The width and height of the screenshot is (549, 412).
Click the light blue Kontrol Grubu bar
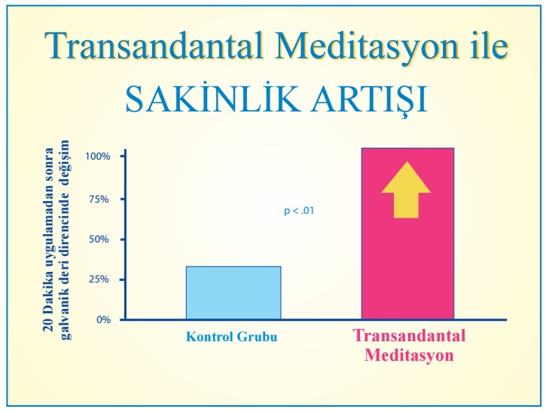tap(233, 293)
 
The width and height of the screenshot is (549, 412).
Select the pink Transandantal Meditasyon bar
tap(408, 233)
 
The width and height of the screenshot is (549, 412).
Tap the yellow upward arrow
tap(406, 190)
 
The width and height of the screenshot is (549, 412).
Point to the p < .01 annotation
tap(299, 211)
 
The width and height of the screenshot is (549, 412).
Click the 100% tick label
tap(98, 156)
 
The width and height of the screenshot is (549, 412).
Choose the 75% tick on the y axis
tap(99, 199)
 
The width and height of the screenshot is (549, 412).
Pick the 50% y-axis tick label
tap(99, 240)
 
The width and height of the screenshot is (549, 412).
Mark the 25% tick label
tap(99, 279)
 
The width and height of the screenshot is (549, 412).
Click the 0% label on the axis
tap(104, 319)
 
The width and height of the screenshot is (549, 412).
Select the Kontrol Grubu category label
tap(232, 337)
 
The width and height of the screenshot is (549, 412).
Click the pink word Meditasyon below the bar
tap(409, 355)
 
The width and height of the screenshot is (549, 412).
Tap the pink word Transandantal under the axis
tap(409, 335)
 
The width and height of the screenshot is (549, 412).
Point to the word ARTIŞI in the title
tap(370, 99)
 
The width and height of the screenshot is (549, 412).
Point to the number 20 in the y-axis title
tap(48, 325)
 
